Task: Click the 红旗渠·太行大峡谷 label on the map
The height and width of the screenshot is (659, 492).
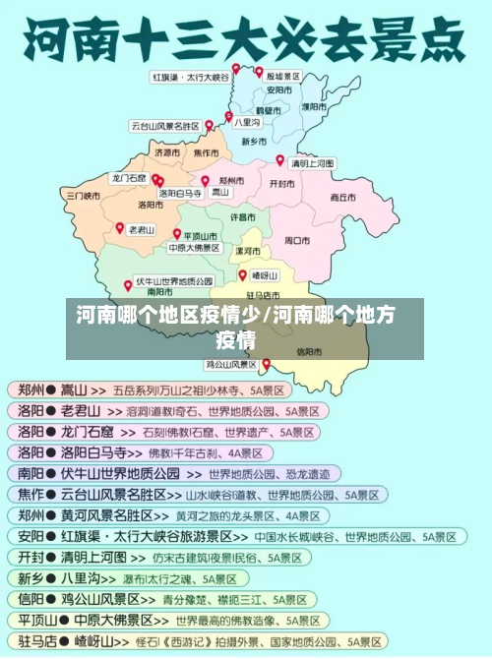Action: [x=190, y=77]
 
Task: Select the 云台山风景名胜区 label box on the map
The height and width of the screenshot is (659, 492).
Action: [x=164, y=126]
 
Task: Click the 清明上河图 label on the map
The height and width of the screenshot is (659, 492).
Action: [x=312, y=163]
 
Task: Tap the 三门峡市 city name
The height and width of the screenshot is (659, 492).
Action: [x=84, y=196]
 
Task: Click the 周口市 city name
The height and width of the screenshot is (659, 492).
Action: [x=297, y=239]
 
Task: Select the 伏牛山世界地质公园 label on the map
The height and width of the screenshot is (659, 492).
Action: [x=174, y=281]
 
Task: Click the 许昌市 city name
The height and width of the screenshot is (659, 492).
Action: [x=243, y=216]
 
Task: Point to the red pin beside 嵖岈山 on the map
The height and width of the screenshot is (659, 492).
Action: [x=243, y=275]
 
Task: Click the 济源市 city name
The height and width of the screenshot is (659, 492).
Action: [x=167, y=153]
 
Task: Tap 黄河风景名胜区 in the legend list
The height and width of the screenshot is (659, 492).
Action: [x=114, y=515]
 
